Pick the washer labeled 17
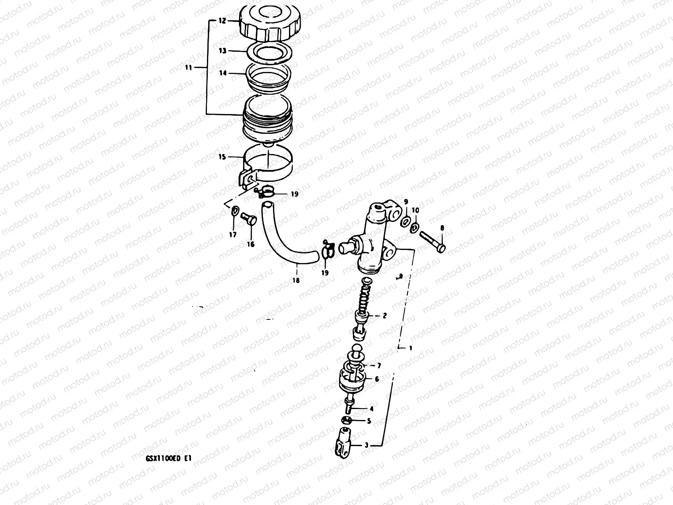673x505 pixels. click(x=234, y=210)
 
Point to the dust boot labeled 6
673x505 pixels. click(x=350, y=379)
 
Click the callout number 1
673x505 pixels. click(x=411, y=348)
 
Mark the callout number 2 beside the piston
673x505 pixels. click(x=384, y=315)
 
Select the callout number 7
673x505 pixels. click(x=379, y=365)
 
